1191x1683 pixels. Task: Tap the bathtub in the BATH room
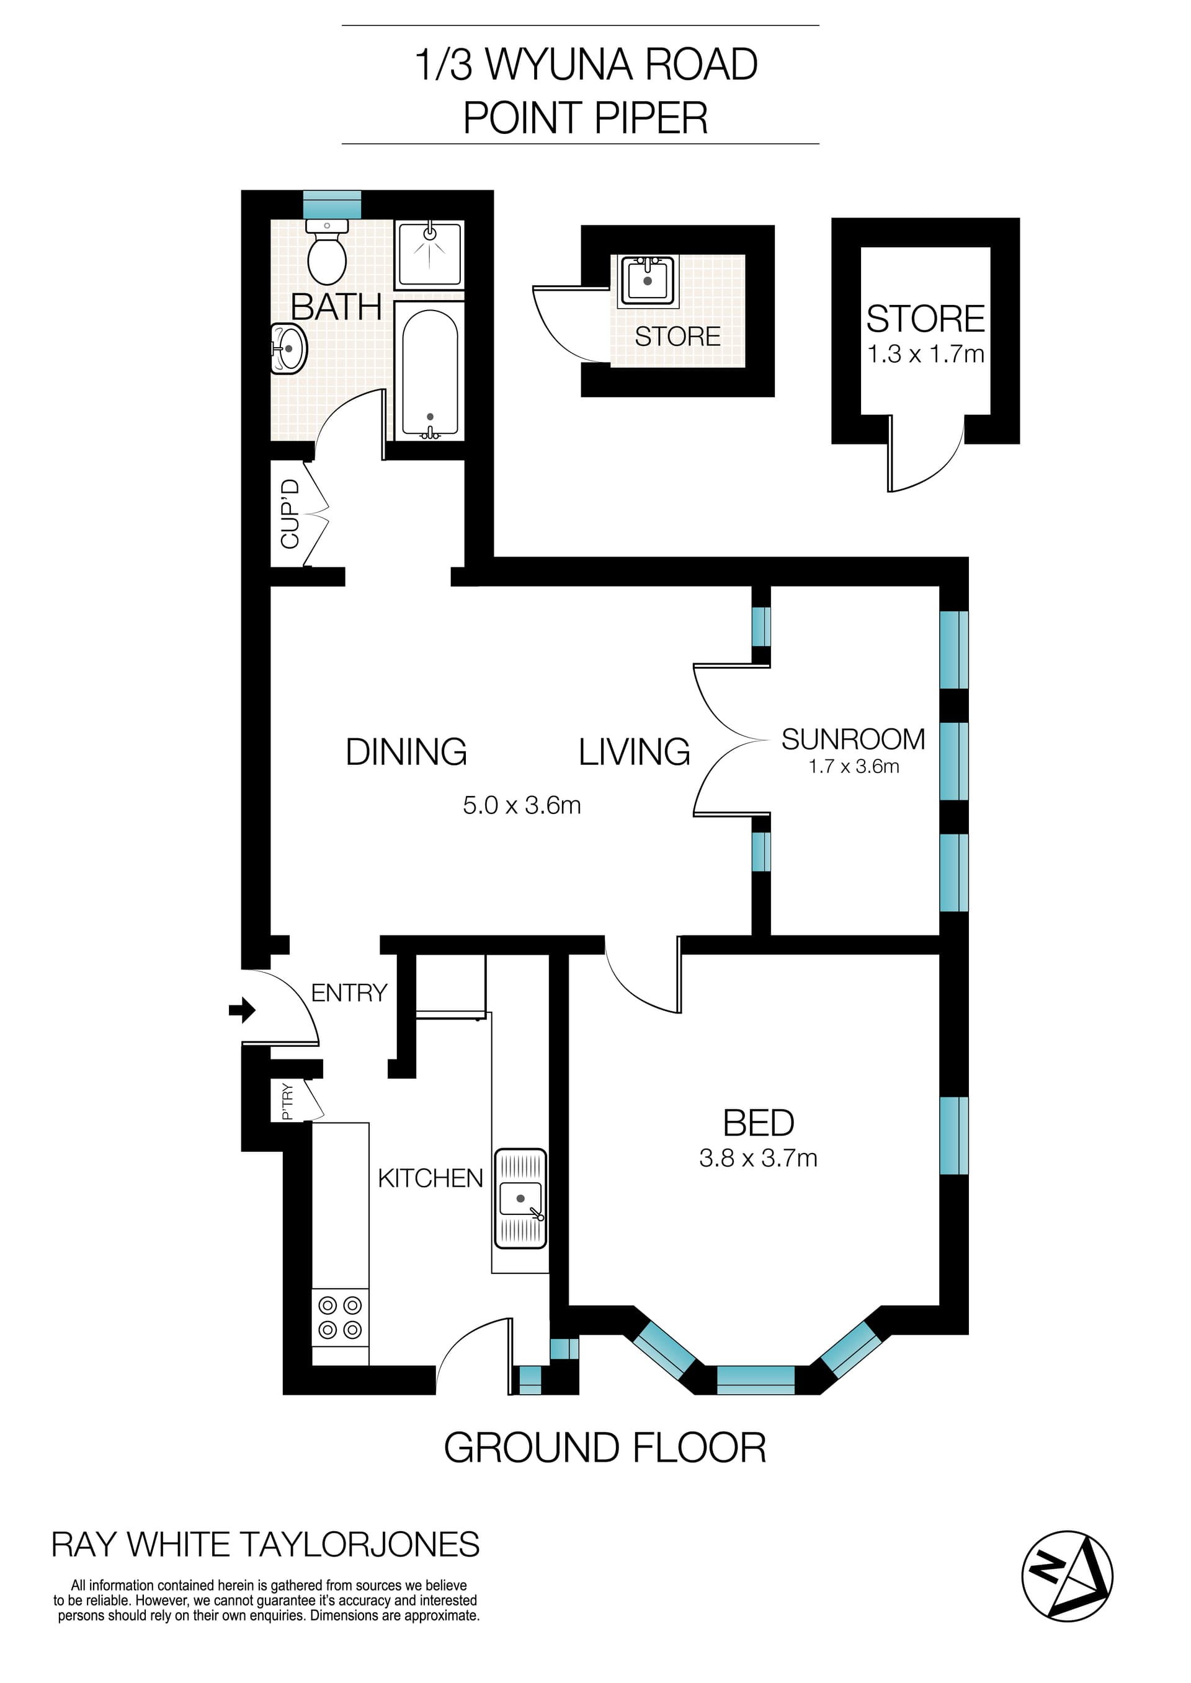click(430, 373)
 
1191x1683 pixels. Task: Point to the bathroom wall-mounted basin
click(289, 349)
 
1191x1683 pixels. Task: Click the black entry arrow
click(242, 1010)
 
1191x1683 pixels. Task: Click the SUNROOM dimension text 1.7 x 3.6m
click(854, 767)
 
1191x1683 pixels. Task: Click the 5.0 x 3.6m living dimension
click(522, 806)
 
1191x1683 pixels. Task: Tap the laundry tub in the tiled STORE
click(647, 281)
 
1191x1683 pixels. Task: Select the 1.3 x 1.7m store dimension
click(926, 354)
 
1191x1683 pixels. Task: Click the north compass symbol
click(1067, 1576)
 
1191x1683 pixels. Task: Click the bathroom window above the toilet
click(332, 204)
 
